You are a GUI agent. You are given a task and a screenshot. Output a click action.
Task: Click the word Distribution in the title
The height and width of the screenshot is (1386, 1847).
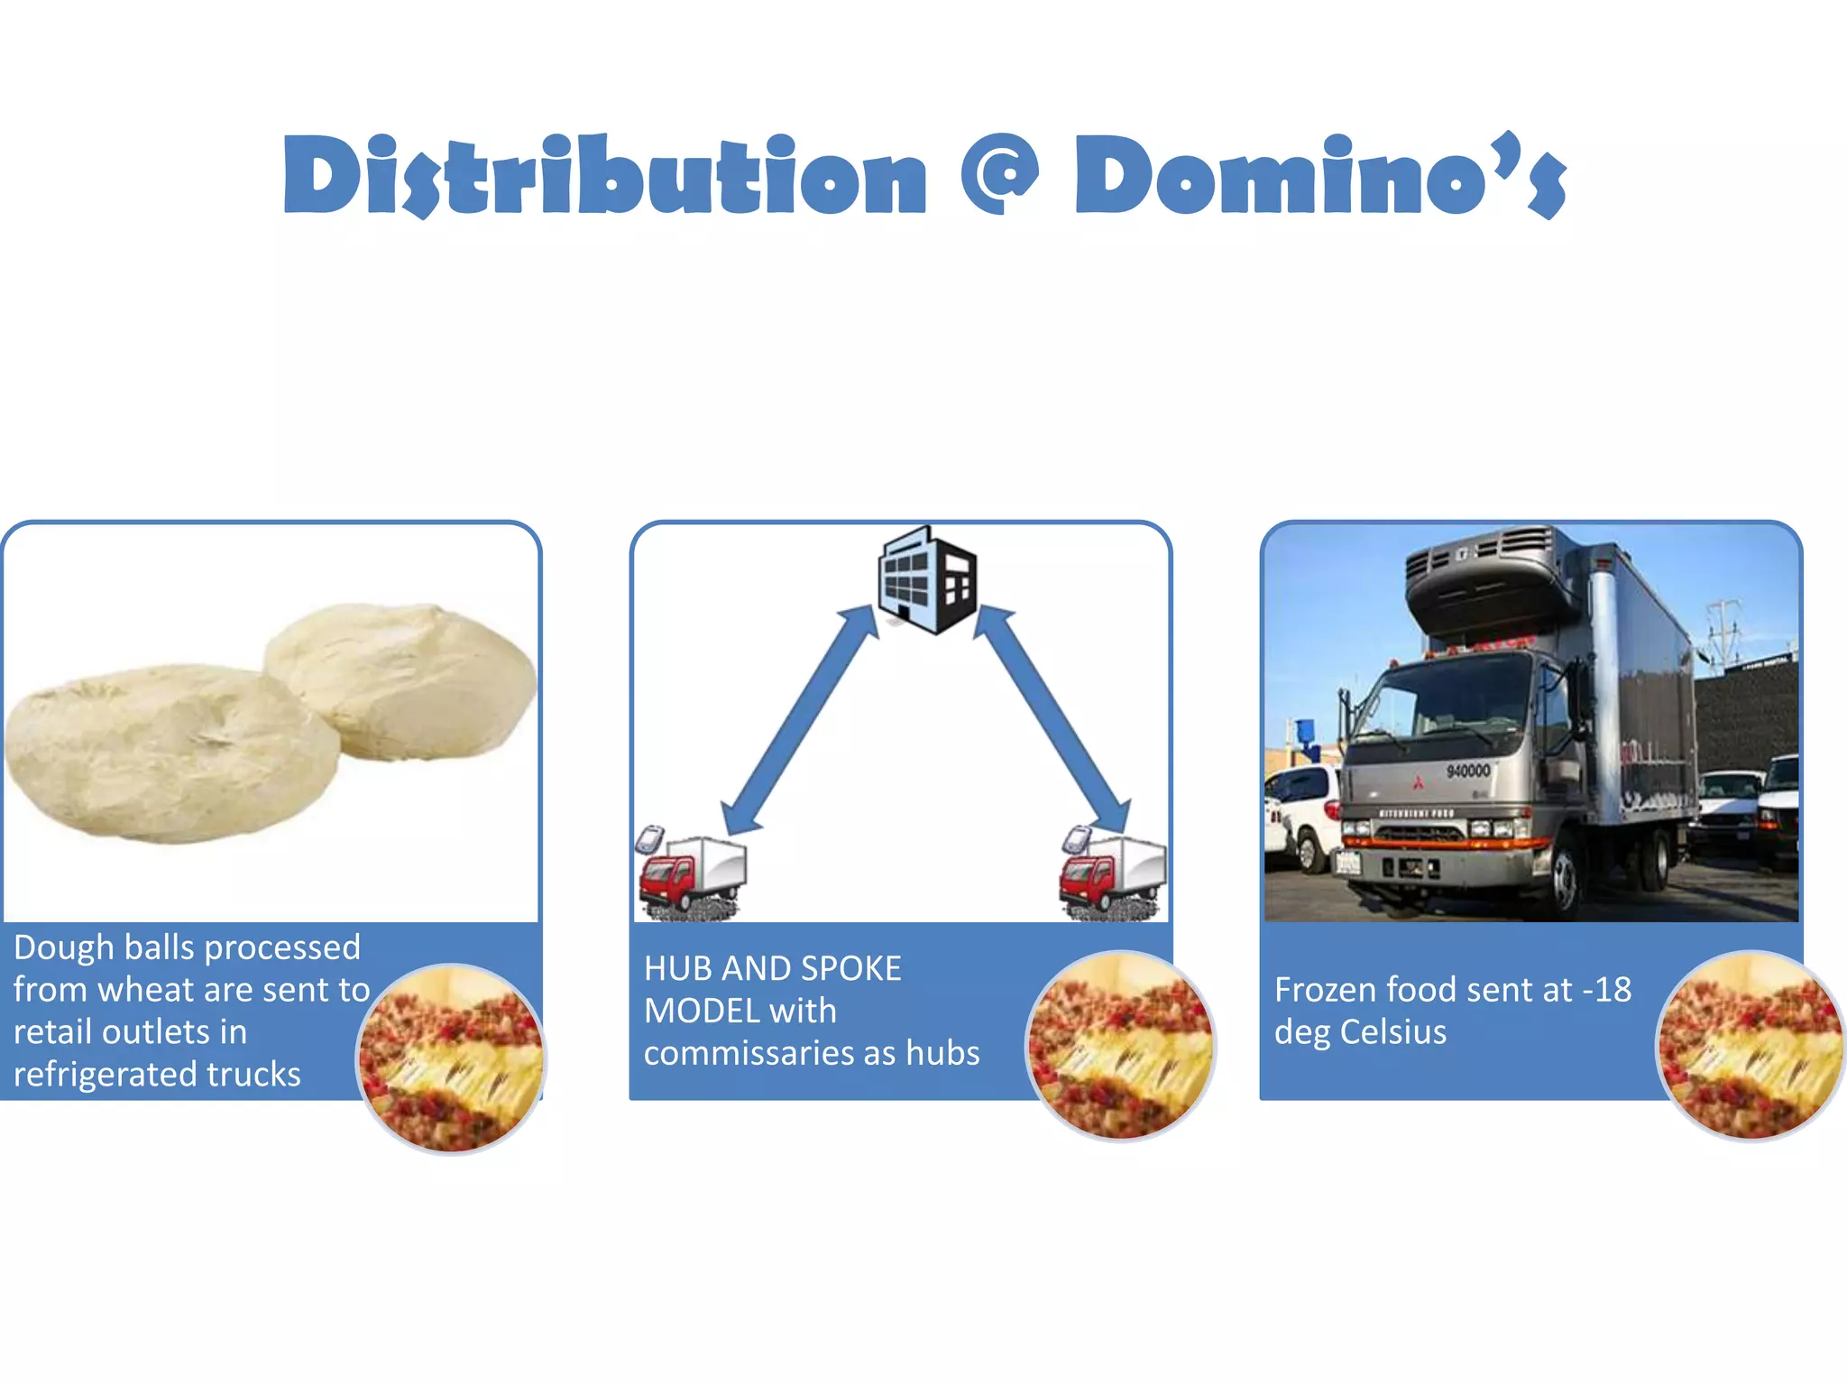coord(604,176)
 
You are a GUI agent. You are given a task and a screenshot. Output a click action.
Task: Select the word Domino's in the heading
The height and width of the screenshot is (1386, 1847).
coord(1319,176)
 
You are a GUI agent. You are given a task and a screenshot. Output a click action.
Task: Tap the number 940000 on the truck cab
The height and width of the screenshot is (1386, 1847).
coord(1468,771)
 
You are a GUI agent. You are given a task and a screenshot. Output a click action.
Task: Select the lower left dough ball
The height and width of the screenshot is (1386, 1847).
coord(171,753)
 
